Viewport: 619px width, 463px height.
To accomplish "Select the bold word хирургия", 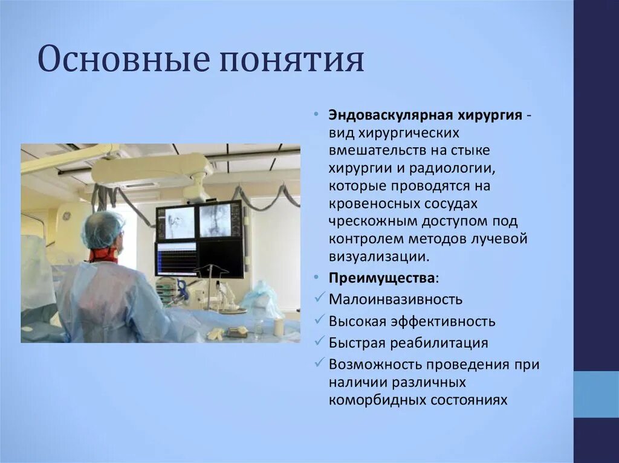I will pos(489,115).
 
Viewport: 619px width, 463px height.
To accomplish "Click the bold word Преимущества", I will pos(381,278).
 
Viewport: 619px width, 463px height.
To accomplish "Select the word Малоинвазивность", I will pos(396,299).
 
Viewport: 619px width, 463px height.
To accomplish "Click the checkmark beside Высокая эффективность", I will pos(320,321).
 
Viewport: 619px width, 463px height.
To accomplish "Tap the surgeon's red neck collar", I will pos(103,254).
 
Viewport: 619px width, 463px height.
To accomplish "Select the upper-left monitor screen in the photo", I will pos(176,223).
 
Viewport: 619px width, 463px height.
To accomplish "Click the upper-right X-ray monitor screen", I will pos(219,220).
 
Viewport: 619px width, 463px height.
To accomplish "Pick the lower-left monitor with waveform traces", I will pos(176,258).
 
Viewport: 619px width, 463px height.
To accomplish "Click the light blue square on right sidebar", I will pos(595,394).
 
